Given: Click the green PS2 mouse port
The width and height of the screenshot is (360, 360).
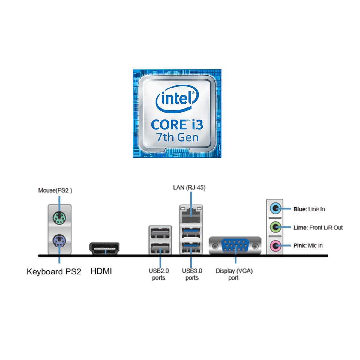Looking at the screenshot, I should [x=59, y=218].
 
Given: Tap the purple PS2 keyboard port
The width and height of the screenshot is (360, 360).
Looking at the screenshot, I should [x=59, y=241].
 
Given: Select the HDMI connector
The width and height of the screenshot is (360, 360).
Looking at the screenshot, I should [x=104, y=248].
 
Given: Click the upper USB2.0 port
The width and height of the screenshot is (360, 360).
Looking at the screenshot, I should [x=160, y=233].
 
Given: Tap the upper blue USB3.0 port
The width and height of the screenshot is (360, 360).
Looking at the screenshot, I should [x=191, y=232].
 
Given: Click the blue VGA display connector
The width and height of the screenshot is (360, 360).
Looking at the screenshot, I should [x=235, y=246].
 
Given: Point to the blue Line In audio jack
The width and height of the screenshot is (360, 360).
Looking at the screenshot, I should [x=275, y=208].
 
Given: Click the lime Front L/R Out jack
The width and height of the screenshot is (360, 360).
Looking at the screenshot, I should [x=275, y=227].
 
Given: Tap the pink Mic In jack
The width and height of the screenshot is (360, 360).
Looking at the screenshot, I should [x=275, y=246].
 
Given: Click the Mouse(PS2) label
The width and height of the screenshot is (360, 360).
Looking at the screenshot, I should [x=55, y=190].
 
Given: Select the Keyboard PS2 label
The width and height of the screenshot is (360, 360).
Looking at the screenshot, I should [x=54, y=271].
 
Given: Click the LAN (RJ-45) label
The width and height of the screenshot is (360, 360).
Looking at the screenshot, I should [x=189, y=187].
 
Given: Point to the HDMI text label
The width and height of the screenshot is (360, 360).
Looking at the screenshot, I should [x=101, y=271].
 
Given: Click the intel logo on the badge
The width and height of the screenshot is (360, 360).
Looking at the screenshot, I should [x=177, y=98].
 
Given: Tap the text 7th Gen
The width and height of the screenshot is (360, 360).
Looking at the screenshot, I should [x=177, y=137].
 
